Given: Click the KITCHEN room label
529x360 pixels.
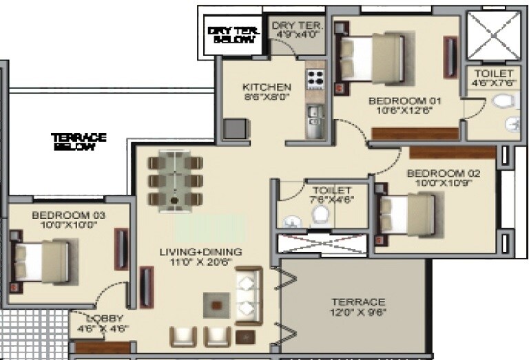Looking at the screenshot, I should pyautogui.click(x=267, y=87).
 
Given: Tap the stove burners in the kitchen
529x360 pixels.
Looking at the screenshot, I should pyautogui.click(x=315, y=78).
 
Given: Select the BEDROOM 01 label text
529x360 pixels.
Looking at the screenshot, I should pyautogui.click(x=405, y=99).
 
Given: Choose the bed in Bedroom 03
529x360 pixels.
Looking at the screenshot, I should pyautogui.click(x=42, y=262).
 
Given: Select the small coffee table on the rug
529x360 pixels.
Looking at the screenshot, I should pyautogui.click(x=216, y=304).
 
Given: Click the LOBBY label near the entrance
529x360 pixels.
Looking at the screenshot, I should pyautogui.click(x=105, y=318).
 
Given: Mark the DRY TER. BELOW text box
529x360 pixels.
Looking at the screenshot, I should pyautogui.click(x=234, y=34).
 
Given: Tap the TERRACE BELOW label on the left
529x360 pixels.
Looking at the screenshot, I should pyautogui.click(x=79, y=142).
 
